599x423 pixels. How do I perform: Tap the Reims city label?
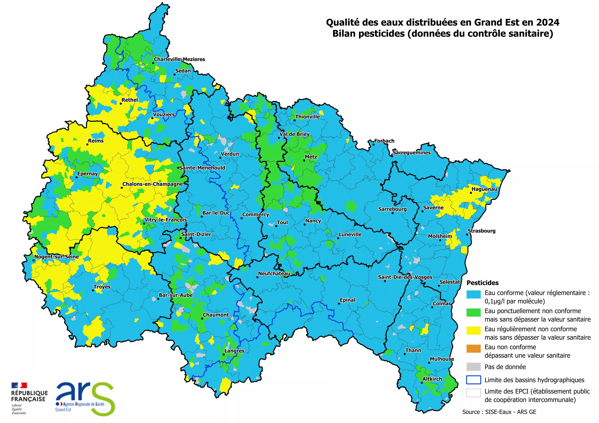tap(96, 141)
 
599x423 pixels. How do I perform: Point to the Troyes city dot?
tap(93, 290)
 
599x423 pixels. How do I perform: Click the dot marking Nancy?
tap(304, 224)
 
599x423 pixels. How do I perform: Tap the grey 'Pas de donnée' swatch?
tap(473, 367)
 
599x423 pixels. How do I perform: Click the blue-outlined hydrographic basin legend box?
tap(473, 380)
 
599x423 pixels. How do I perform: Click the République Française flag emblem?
tap(19, 385)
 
